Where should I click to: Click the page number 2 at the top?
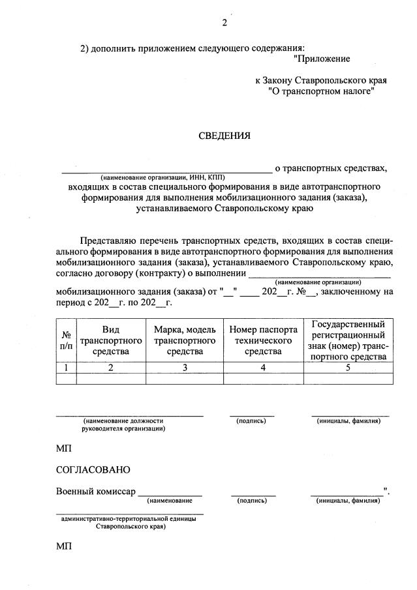coord(224,23)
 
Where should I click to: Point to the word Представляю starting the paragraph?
coord(108,241)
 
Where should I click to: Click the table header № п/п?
coord(66,340)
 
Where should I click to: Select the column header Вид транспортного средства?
coord(111,340)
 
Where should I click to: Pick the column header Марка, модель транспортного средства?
coord(184,340)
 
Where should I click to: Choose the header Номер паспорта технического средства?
coord(263,340)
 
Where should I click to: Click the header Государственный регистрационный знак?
coord(348,340)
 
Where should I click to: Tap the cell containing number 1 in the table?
coord(66,367)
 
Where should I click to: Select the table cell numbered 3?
coord(184,367)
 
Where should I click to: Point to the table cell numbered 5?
coord(348,367)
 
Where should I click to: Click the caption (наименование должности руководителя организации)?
coord(123,424)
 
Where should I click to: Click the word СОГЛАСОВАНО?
coord(93,469)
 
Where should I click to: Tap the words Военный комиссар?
coord(96,492)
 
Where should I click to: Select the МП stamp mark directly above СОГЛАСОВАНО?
coord(65,448)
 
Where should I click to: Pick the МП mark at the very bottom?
coord(65,546)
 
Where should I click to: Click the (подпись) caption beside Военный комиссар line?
coord(253,501)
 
